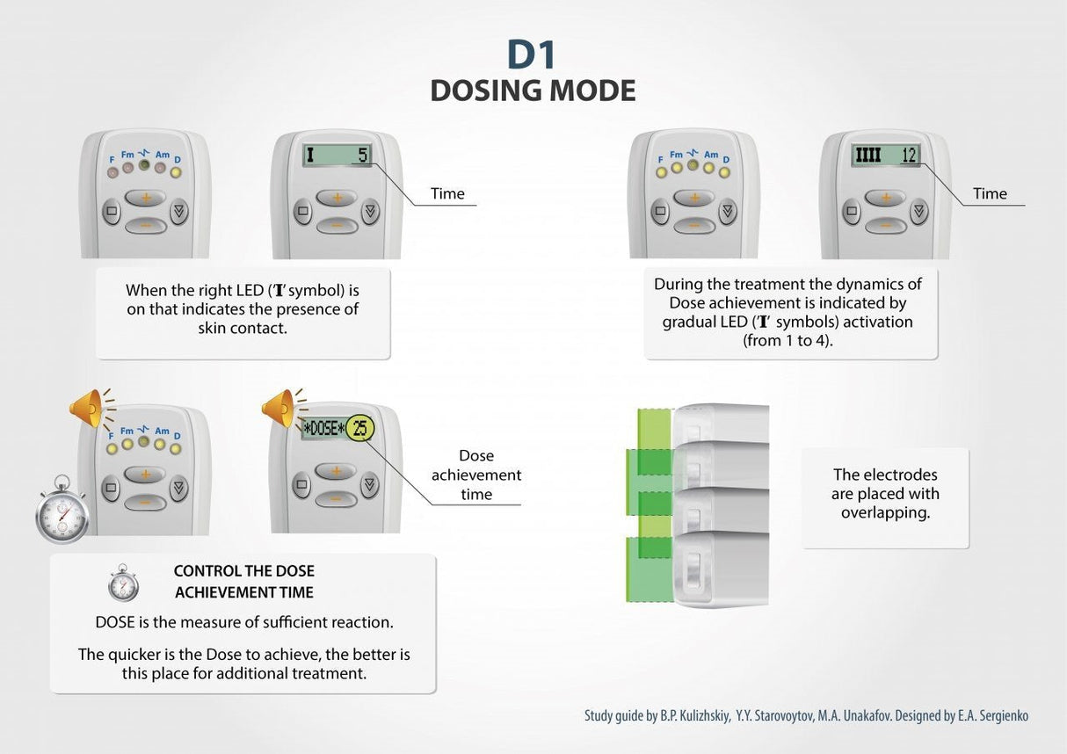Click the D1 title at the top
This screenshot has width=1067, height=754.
click(x=532, y=54)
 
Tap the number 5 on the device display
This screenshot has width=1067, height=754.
click(x=361, y=156)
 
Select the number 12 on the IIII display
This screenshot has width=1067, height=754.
click(x=909, y=156)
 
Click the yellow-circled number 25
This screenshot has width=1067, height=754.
click(x=359, y=429)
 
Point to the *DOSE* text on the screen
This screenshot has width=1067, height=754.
click(x=323, y=429)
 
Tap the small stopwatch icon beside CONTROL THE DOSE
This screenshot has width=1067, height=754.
click(x=123, y=584)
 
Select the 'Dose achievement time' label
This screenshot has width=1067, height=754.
click(x=476, y=475)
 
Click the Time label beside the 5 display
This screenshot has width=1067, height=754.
click(x=447, y=193)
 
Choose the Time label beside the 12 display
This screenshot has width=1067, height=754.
click(x=990, y=193)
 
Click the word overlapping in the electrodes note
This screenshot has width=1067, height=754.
click(x=885, y=512)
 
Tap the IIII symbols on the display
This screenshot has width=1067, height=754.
click(x=868, y=156)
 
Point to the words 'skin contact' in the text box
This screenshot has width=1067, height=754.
click(x=243, y=328)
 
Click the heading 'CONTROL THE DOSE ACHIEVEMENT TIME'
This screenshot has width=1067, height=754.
click(x=243, y=582)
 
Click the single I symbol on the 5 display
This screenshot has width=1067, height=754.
click(x=309, y=156)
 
